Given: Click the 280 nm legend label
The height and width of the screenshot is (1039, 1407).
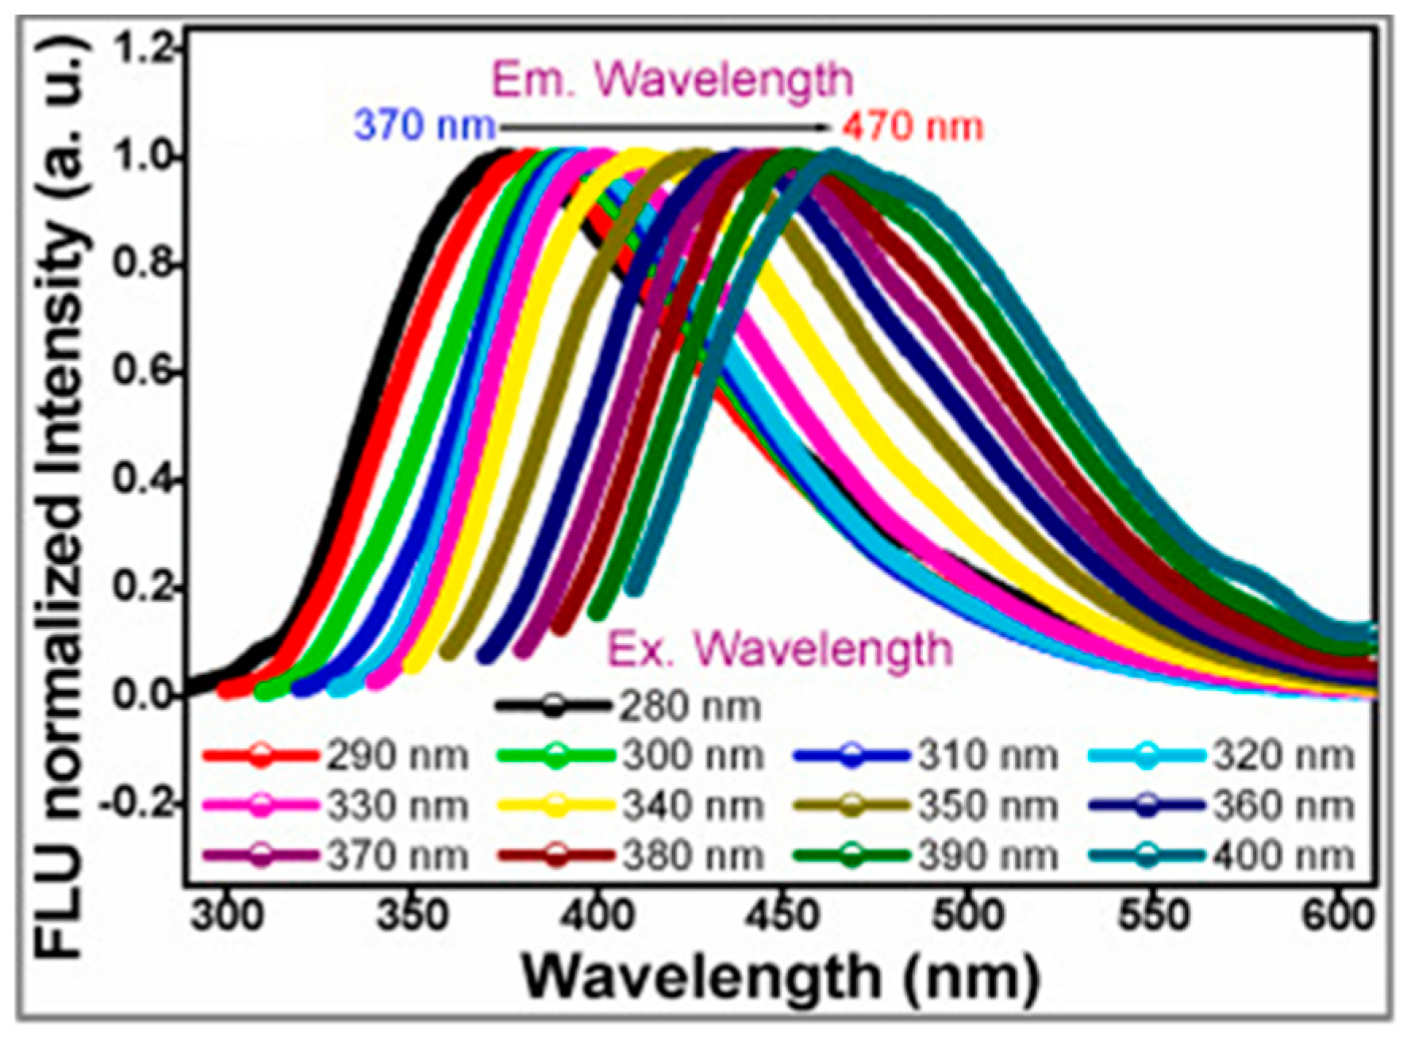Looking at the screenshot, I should click(690, 707).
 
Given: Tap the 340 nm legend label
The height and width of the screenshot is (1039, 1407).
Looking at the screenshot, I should click(692, 807).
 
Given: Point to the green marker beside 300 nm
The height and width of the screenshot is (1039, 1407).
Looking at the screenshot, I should click(555, 756).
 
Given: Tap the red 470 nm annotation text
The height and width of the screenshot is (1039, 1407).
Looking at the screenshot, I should click(913, 126).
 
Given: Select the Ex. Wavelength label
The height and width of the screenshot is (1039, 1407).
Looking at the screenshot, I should click(780, 649).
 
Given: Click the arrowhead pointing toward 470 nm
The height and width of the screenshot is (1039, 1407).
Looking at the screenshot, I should click(824, 126).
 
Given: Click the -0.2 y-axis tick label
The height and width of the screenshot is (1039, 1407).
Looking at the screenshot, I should click(136, 804).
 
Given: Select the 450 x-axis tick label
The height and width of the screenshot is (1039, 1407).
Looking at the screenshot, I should click(782, 916).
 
